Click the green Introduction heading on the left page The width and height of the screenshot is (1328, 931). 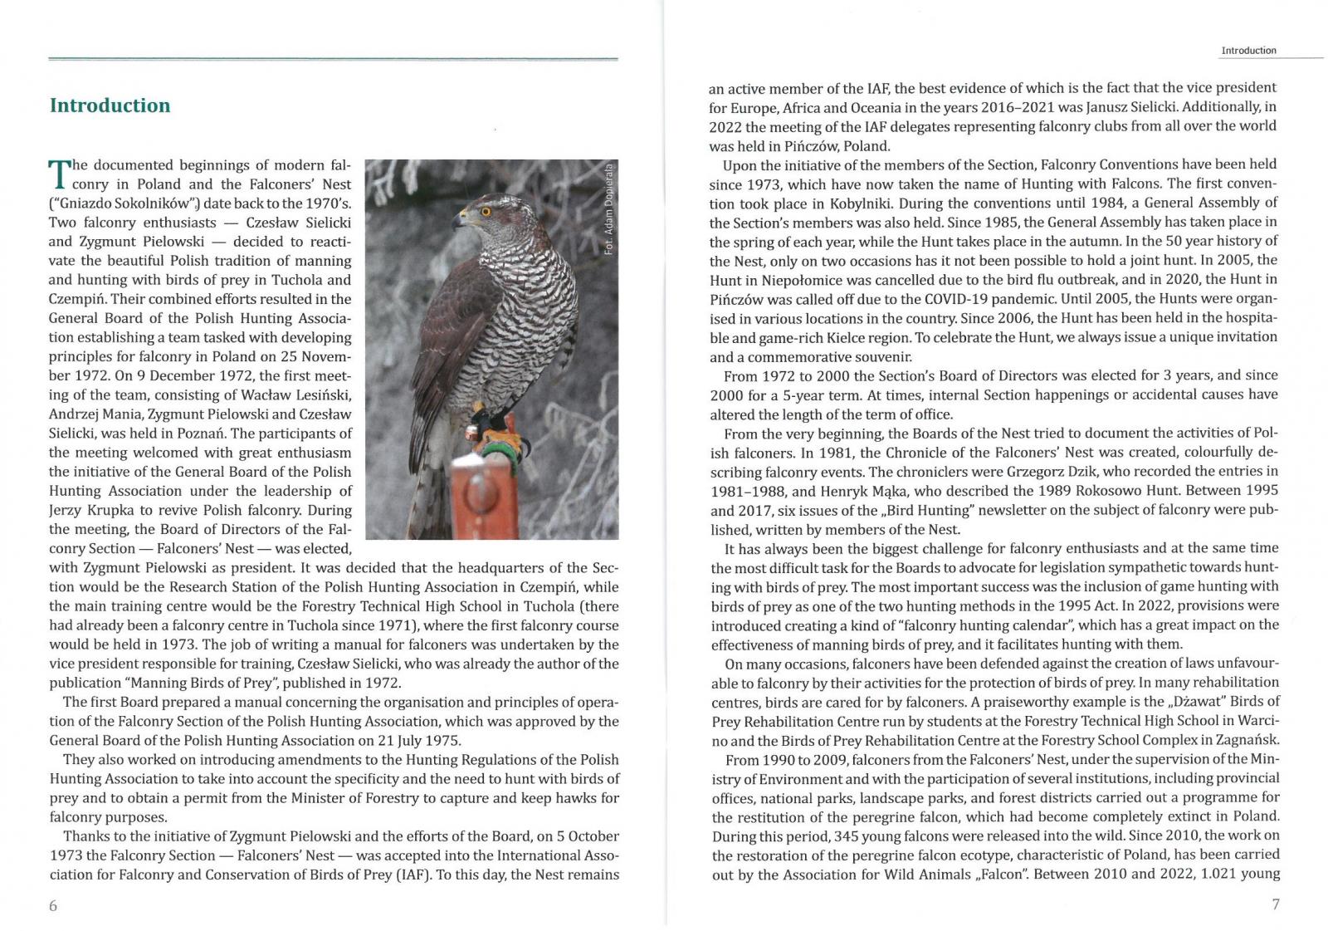[110, 105]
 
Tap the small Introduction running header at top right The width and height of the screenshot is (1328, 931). [1248, 51]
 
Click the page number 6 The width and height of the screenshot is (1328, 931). [53, 905]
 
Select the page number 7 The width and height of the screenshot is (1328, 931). [1276, 904]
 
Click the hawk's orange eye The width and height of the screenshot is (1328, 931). [486, 211]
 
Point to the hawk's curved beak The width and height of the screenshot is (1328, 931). [458, 222]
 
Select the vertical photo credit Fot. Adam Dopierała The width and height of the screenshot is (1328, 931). [609, 208]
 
